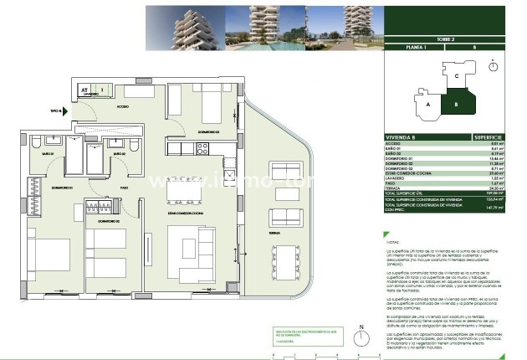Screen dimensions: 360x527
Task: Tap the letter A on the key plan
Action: click(x=427, y=105)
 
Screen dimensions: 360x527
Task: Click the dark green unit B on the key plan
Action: click(x=457, y=105)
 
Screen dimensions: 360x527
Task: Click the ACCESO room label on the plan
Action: click(x=123, y=107)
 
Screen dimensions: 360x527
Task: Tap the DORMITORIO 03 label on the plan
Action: click(x=208, y=131)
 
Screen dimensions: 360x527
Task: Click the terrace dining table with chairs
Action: click(x=285, y=259)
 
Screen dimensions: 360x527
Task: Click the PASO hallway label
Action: click(x=123, y=188)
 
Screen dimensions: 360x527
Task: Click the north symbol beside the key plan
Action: click(x=494, y=65)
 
